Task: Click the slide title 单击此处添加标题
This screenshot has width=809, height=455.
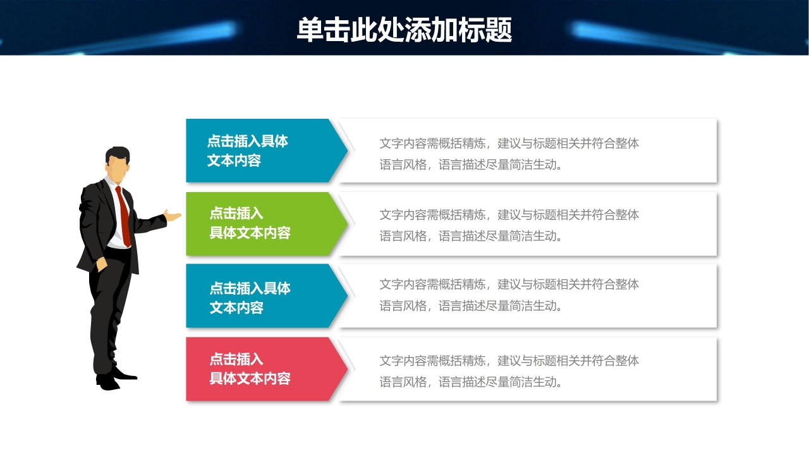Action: (x=404, y=29)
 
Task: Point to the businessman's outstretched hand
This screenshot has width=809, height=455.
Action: (x=173, y=215)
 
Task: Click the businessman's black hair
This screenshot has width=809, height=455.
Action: (x=118, y=154)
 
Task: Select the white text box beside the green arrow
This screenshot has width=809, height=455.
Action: (x=528, y=224)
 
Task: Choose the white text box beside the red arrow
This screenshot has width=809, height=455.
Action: (x=528, y=370)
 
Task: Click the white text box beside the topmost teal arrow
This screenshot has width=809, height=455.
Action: (x=528, y=151)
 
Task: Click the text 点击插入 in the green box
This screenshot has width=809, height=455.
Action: (x=236, y=214)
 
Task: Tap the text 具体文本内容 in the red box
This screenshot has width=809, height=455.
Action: (x=250, y=379)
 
